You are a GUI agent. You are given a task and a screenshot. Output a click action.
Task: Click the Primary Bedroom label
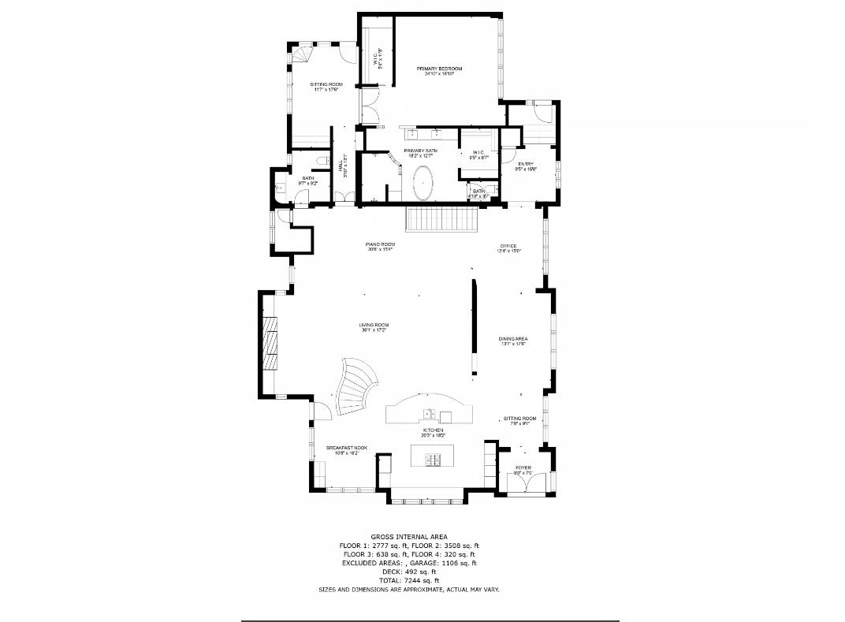(439, 69)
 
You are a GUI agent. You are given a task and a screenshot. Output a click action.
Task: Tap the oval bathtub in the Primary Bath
(424, 183)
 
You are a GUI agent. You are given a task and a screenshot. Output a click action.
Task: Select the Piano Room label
(381, 245)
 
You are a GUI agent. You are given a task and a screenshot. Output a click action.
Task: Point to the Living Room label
(374, 325)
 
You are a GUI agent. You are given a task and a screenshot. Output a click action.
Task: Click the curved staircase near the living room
(353, 389)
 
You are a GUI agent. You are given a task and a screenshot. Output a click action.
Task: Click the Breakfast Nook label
(347, 448)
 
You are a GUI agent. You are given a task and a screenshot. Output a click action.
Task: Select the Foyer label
(523, 468)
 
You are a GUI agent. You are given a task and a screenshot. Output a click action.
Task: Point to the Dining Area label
(513, 339)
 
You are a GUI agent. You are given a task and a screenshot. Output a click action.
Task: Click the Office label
(508, 246)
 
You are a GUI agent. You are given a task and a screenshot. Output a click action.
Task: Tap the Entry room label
(526, 164)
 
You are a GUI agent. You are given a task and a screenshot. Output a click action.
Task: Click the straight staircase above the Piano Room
(442, 218)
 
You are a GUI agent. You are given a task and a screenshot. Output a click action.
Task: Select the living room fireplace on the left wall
(270, 343)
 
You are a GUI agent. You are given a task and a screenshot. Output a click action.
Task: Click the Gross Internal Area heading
(408, 536)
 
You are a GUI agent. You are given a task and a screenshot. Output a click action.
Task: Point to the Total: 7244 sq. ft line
(408, 581)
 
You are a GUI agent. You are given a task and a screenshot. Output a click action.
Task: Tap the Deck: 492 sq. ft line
(408, 572)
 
